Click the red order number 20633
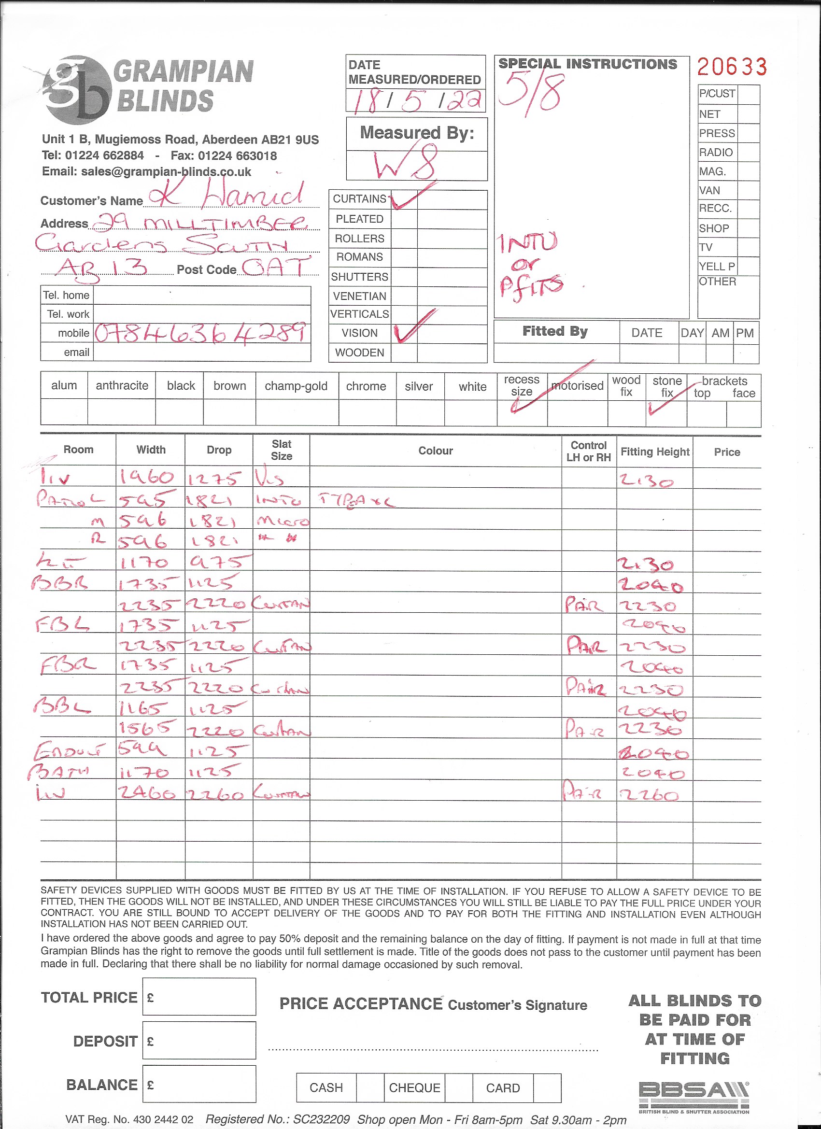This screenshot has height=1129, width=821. coord(731,67)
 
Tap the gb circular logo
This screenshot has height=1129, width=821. coord(77,90)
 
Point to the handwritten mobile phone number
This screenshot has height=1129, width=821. coord(200,333)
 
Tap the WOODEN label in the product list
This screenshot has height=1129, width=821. coord(359,353)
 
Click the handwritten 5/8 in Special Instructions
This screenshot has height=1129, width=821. coord(531,93)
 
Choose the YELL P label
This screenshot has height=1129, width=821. coord(717,267)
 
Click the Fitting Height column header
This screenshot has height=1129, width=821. coord(655,452)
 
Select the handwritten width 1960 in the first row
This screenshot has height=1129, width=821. coord(147,478)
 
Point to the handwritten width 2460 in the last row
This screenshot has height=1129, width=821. coord(147,792)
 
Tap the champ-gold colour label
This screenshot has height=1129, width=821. coord(296,386)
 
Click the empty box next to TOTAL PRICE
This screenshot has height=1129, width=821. coord(199,997)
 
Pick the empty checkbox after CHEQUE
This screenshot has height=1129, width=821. coord(458,1087)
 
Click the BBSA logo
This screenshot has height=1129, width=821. coord(694,1097)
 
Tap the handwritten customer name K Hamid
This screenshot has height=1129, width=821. coord(226,196)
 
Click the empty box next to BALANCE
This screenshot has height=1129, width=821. coord(199,1084)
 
